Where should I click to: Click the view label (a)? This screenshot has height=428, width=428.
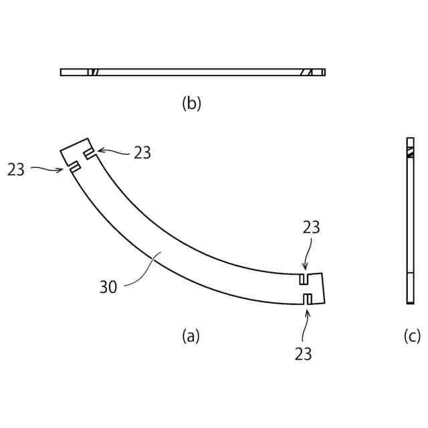point(191,336)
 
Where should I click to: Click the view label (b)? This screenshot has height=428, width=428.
point(191,104)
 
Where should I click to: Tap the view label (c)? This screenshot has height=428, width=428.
point(412,336)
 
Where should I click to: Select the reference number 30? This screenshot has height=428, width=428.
point(108,287)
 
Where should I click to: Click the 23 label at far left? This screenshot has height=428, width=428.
point(16,169)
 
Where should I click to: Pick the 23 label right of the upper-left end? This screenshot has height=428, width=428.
point(142,152)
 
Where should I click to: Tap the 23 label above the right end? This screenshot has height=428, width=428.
point(311,227)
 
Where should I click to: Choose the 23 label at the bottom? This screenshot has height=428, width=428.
point(303,354)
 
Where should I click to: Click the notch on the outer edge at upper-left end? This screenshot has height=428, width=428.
point(75,167)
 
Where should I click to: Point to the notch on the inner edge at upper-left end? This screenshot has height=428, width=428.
point(90,154)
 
